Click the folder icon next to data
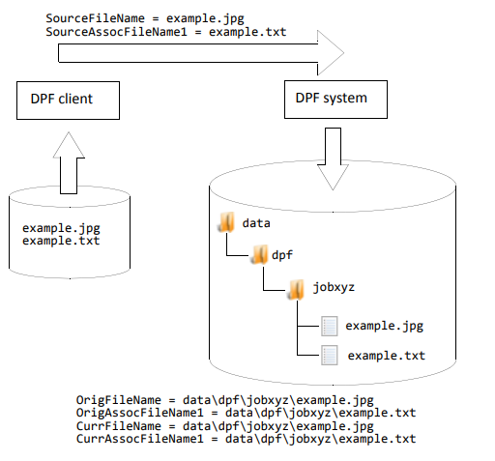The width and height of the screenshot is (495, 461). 225,223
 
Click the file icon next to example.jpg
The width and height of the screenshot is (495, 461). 330,326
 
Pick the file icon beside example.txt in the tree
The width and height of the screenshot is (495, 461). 330,356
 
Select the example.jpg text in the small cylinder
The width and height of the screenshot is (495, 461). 60,229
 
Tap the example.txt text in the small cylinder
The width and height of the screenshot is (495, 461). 60,242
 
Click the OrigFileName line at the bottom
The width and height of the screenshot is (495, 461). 225,399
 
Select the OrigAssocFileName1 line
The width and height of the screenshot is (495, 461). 246,413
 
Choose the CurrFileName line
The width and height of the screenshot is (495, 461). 225,426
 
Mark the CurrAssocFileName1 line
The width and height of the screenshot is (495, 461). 246,440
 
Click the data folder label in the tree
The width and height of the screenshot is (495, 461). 255,223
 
